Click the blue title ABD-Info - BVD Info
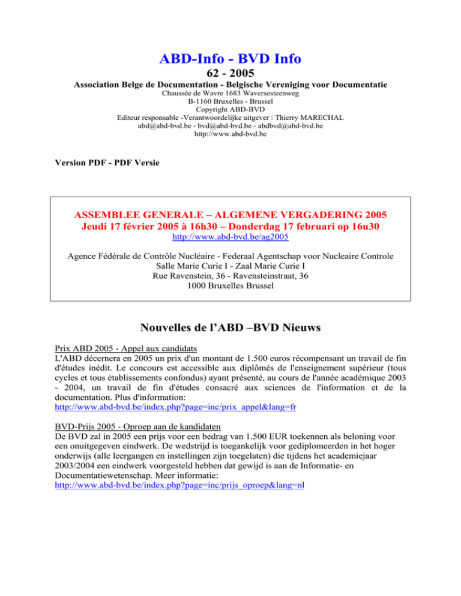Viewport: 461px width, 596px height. [230, 58]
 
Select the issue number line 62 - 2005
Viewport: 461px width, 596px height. [230, 75]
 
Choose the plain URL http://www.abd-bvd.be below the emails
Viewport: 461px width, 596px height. [230, 135]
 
